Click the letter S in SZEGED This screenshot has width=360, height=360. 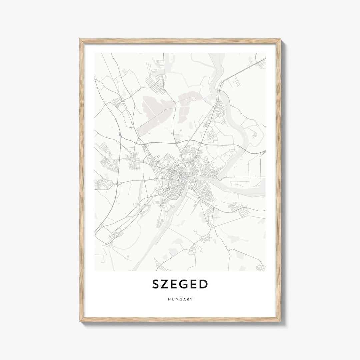coord(156,284)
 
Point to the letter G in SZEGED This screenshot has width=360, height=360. coord(186,284)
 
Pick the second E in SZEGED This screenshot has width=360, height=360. coord(196,284)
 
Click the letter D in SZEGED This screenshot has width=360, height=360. coord(204,284)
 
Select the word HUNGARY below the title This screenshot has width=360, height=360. coord(180,299)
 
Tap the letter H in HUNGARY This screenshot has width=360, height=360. coord(169,299)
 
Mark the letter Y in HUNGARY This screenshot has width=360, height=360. coord(192,299)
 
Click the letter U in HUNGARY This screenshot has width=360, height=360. coord(172,299)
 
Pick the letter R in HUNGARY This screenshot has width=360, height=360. coord(188,299)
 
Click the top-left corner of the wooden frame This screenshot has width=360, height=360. coord(80,40)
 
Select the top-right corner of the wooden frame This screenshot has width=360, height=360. coord(280,40)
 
